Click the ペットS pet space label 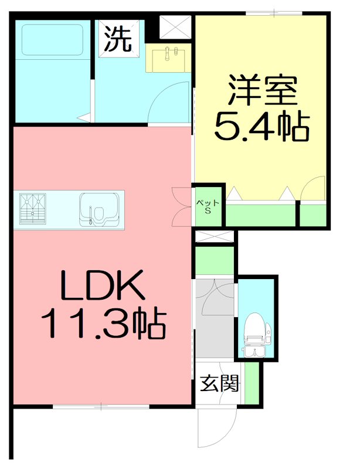pyautogui.click(x=208, y=206)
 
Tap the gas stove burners pyautogui.click(x=33, y=209)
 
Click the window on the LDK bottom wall pyautogui.click(x=101, y=406)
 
